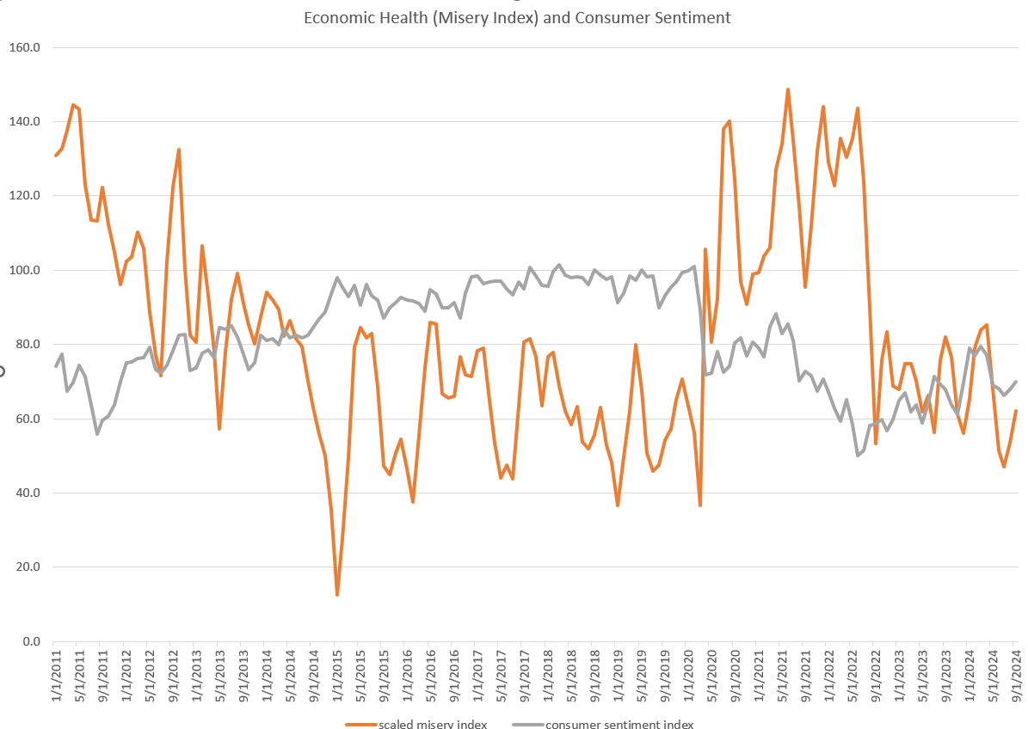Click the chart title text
coord(517,17)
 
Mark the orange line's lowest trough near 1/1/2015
coord(337,595)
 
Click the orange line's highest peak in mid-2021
coord(787,89)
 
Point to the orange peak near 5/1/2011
coord(73,105)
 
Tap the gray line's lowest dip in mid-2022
coord(858,455)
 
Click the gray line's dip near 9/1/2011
coord(97,433)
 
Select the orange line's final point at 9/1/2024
coord(1016,411)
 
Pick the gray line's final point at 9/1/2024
coord(1016,382)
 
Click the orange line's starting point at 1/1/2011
coord(55,156)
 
